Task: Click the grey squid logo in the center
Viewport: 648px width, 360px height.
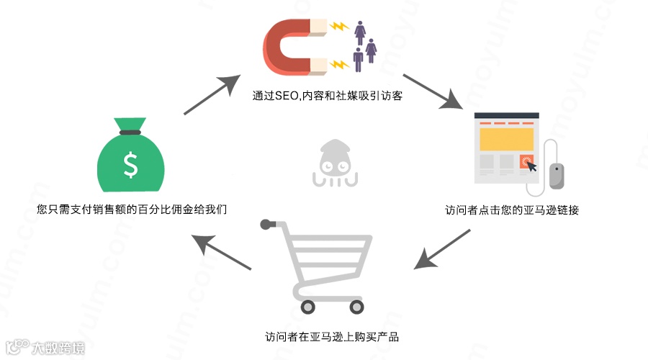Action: click(333, 164)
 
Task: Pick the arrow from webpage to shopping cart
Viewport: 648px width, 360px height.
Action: click(442, 249)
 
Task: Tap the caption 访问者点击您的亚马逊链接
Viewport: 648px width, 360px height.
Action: click(512, 211)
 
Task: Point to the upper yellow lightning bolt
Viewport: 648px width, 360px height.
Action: click(338, 27)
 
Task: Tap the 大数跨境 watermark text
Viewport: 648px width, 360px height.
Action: click(58, 348)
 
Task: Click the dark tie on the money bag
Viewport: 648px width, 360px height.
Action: click(130, 132)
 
